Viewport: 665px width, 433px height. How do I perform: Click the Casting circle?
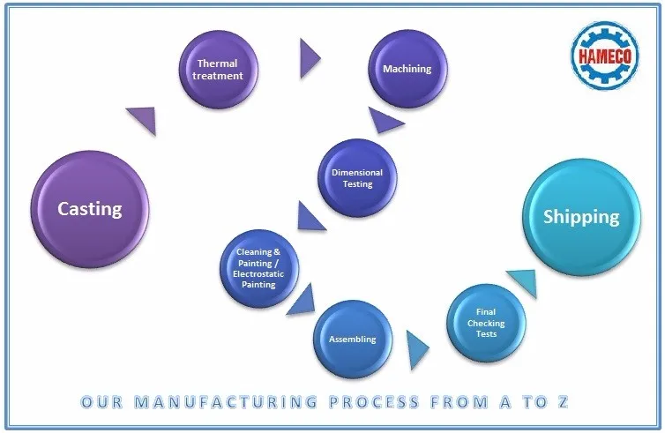pyautogui.click(x=89, y=210)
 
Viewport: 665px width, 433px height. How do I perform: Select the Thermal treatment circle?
pyautogui.click(x=218, y=70)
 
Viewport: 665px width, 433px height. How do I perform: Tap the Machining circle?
pyautogui.click(x=406, y=69)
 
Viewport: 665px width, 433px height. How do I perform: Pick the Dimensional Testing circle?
pyautogui.click(x=356, y=178)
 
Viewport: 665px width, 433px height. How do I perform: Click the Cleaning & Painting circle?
pyautogui.click(x=258, y=267)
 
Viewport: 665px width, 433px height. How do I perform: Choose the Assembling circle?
pyautogui.click(x=353, y=339)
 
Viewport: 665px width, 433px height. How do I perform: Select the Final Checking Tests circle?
pyautogui.click(x=486, y=323)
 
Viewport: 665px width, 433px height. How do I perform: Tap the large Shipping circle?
pyautogui.click(x=580, y=217)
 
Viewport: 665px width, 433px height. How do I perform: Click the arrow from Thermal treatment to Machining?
pyautogui.click(x=309, y=59)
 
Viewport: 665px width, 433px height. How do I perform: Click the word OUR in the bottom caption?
pyautogui.click(x=101, y=402)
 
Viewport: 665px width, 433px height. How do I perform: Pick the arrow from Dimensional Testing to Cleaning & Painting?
pyautogui.click(x=310, y=216)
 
